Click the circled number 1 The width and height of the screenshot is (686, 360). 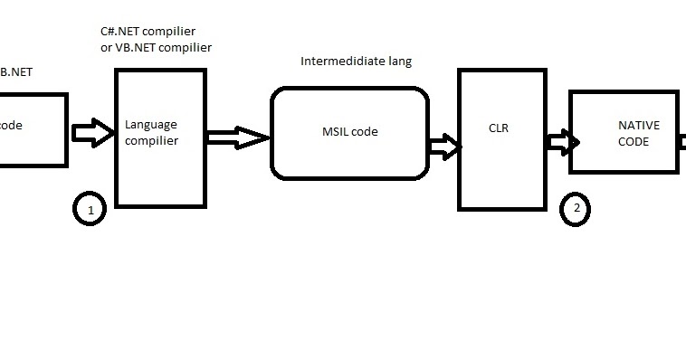[x=89, y=210]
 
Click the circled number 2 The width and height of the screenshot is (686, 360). [x=576, y=209]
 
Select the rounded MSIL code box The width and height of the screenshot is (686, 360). [x=348, y=132]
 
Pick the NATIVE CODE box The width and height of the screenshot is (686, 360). [x=624, y=132]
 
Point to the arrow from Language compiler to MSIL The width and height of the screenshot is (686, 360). [x=237, y=137]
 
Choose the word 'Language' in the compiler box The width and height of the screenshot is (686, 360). [x=150, y=126]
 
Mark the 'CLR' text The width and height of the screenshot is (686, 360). [x=498, y=128]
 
